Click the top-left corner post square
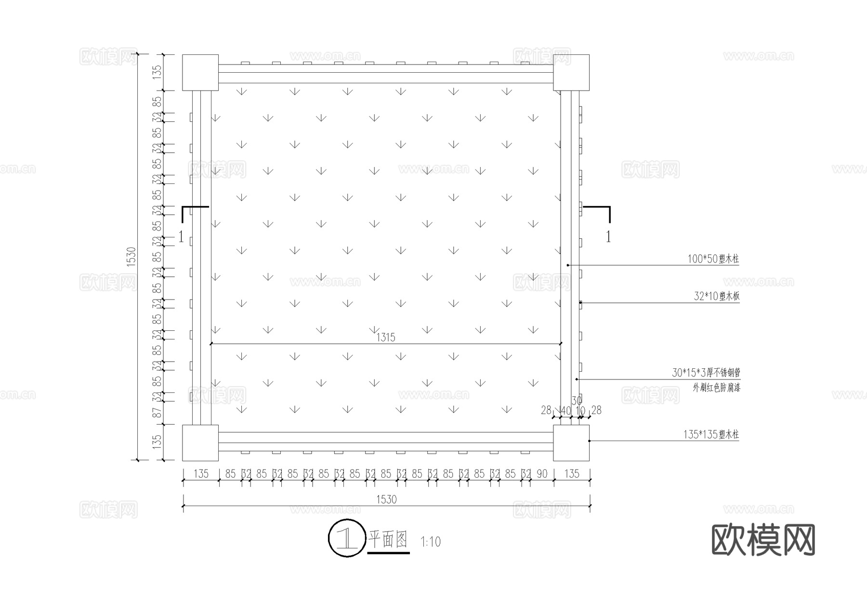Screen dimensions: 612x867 [200, 73]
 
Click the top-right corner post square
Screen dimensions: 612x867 [571, 73]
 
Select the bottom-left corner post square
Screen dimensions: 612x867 [200, 443]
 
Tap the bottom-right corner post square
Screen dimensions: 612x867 [571, 443]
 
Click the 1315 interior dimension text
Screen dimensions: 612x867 [386, 338]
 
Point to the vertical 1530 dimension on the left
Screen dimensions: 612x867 [131, 257]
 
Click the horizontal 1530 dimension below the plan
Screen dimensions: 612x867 [386, 499]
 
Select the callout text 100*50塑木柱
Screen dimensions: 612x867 [713, 259]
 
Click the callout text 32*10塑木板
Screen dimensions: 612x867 [716, 296]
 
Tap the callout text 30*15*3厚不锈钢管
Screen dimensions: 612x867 [706, 373]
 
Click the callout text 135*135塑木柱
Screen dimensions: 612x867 [710, 435]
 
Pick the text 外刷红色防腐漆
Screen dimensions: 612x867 [716, 388]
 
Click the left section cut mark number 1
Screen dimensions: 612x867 [181, 236]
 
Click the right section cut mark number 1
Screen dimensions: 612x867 [608, 236]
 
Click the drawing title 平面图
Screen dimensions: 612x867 [388, 540]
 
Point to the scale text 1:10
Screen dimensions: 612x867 [430, 542]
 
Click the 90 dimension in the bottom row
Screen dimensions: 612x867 [542, 474]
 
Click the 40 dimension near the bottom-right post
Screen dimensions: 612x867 [566, 411]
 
